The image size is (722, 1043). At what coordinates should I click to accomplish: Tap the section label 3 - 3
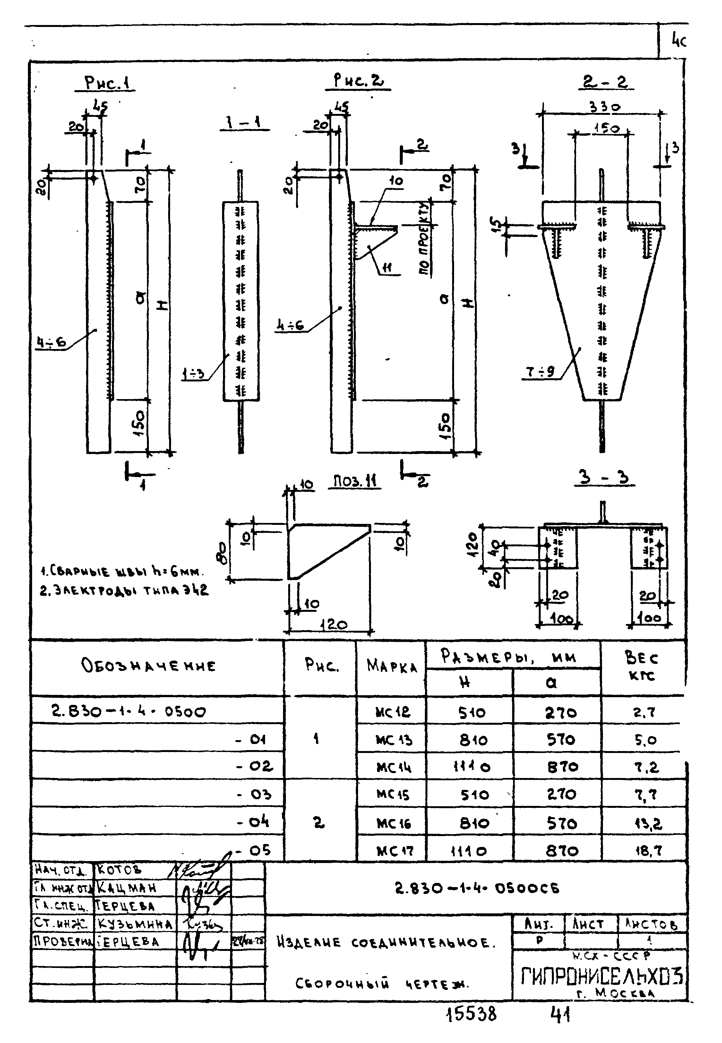pyautogui.click(x=604, y=478)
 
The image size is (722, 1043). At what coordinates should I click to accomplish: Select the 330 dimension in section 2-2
pyautogui.click(x=604, y=107)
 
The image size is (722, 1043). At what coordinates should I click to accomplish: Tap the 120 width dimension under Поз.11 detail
pyautogui.click(x=333, y=625)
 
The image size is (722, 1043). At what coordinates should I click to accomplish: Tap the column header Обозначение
pyautogui.click(x=148, y=666)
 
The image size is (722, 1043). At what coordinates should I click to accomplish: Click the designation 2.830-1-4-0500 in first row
pyautogui.click(x=128, y=712)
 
